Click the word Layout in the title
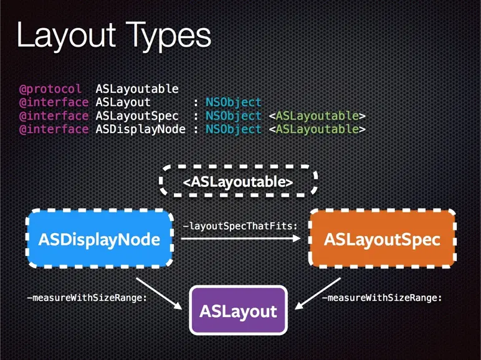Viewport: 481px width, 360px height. [63, 36]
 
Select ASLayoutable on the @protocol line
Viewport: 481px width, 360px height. [137, 89]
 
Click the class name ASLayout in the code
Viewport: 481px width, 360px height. [123, 102]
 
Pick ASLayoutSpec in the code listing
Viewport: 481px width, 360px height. [137, 116]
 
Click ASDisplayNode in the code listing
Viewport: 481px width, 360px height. [140, 129]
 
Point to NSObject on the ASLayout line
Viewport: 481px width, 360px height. [234, 102]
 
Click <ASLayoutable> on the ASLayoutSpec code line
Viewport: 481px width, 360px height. [317, 116]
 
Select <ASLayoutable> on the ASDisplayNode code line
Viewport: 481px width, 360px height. [317, 129]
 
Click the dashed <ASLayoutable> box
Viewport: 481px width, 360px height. [238, 181]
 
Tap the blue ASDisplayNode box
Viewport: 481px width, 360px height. [99, 239]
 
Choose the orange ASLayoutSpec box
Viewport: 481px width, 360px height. [382, 239]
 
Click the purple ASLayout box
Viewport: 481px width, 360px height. [238, 310]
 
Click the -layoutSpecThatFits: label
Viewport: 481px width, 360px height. [240, 225]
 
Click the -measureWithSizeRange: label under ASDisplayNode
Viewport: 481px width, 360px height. [87, 298]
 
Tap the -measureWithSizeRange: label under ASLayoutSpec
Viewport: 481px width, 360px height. [381, 298]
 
